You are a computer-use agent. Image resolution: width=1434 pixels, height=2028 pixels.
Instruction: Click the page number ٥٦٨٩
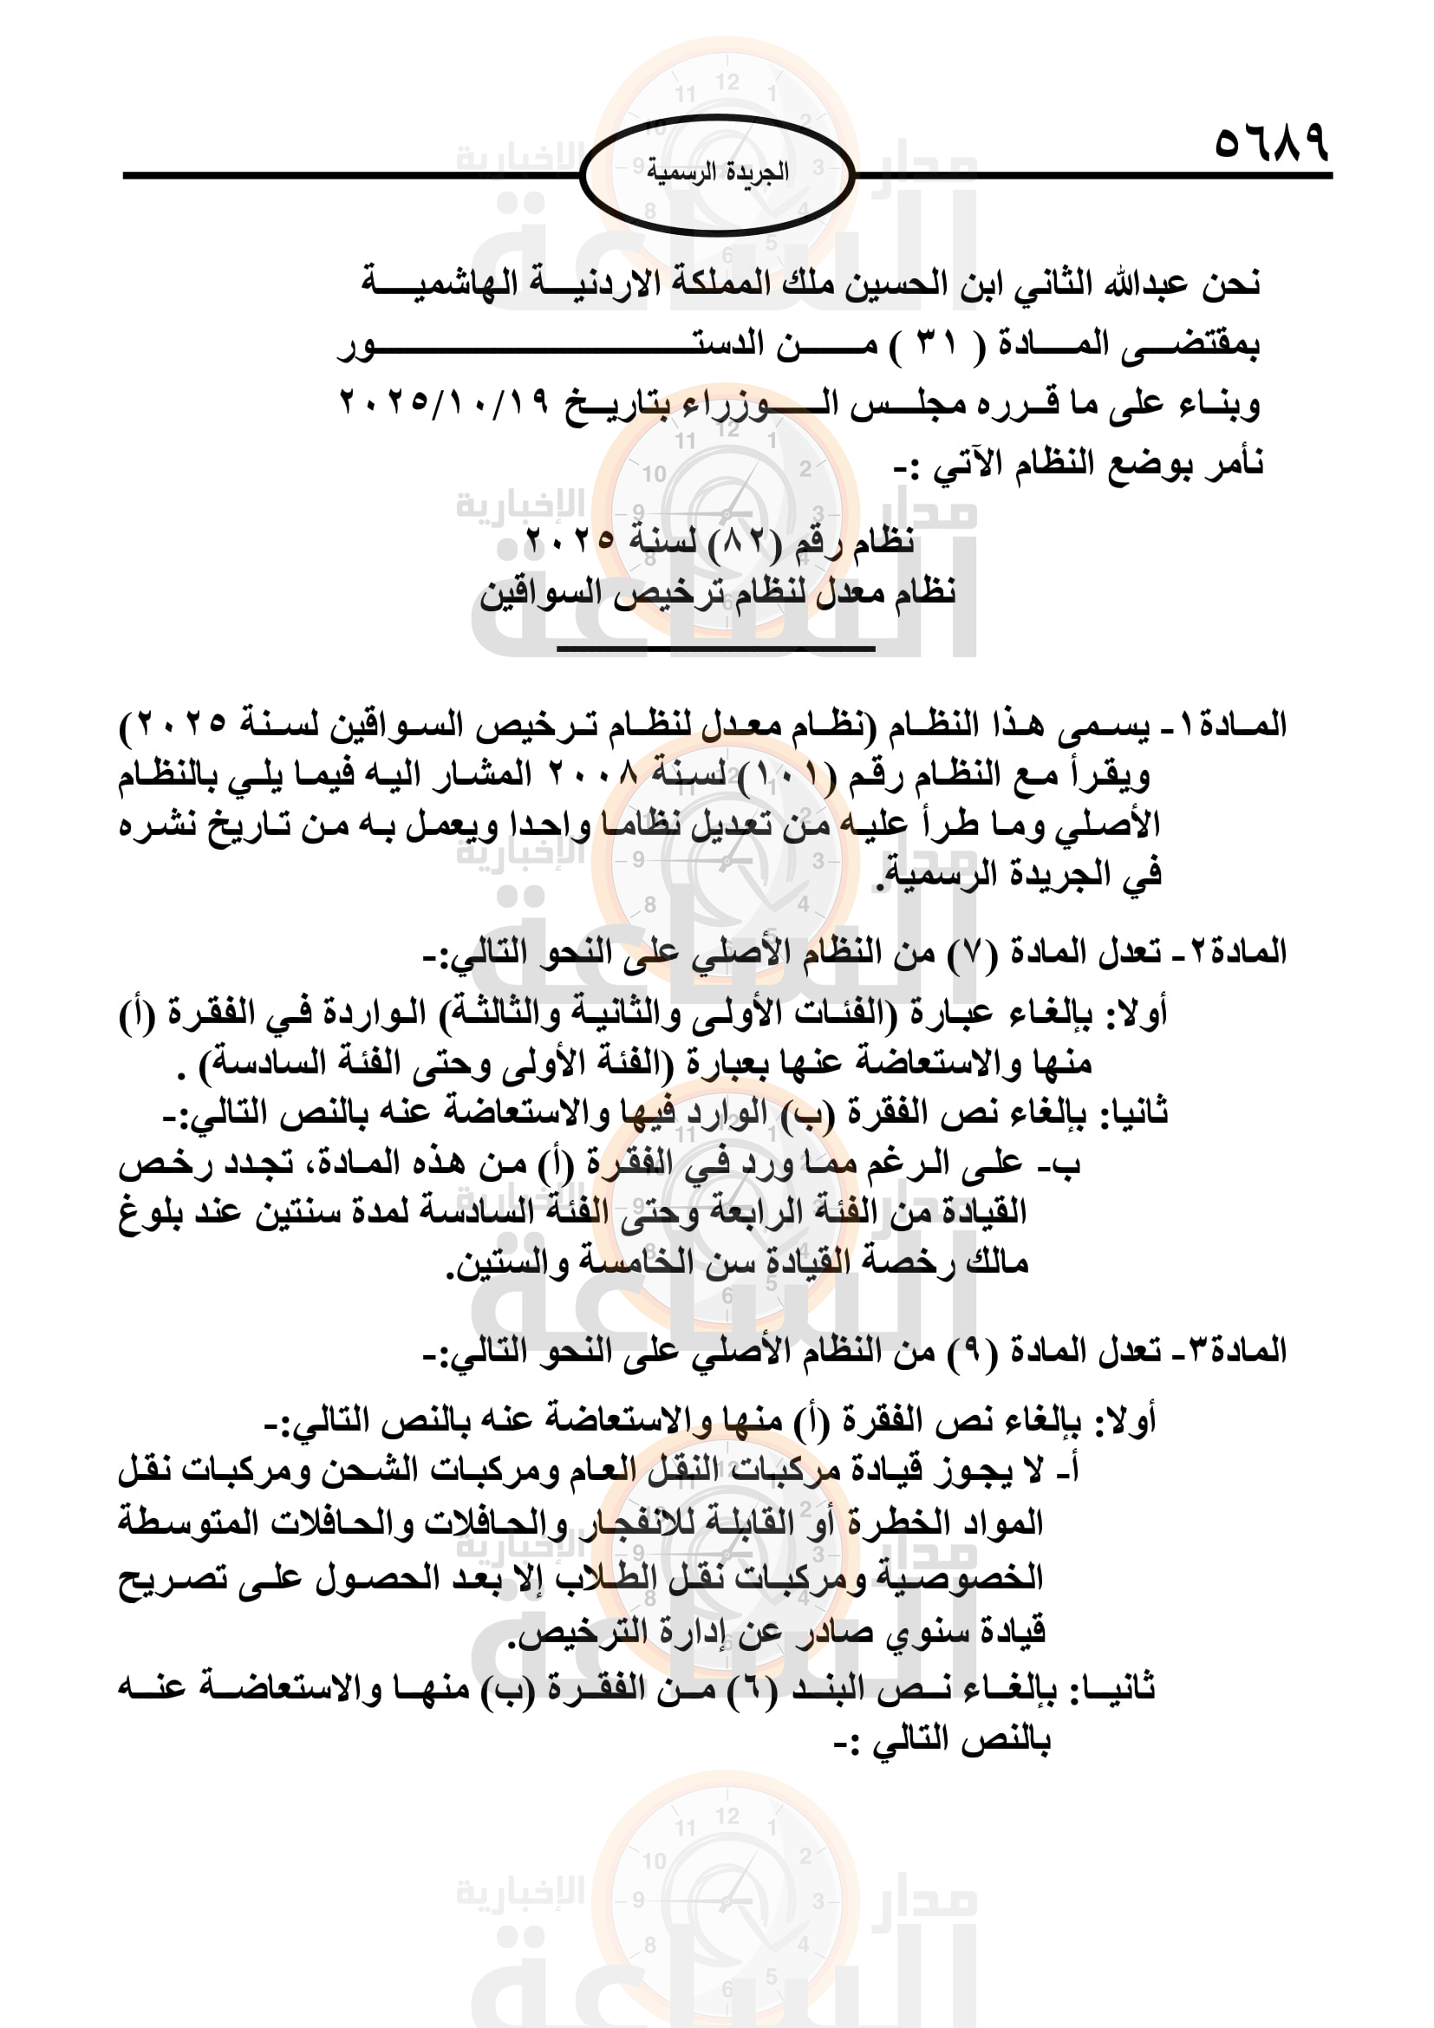tap(1271, 142)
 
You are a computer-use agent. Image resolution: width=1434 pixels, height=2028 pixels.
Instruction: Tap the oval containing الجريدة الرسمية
tap(716, 174)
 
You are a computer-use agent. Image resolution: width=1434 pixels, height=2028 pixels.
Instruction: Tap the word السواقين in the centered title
tap(540, 593)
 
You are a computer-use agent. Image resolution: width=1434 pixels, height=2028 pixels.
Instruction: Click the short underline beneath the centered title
tap(715, 649)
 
